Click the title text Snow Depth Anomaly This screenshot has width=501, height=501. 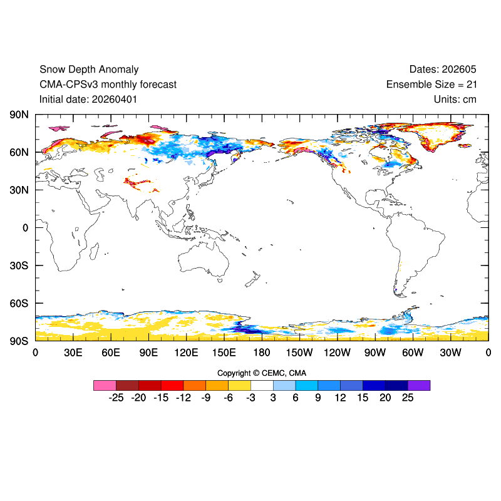(89, 70)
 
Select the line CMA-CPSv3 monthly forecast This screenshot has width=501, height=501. (108, 85)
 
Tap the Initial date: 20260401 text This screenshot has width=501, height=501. (88, 100)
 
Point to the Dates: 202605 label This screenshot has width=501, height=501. (443, 69)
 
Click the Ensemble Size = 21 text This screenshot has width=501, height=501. (431, 85)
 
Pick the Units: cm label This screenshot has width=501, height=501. (455, 100)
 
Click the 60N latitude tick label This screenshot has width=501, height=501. (19, 152)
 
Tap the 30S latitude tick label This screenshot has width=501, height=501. (19, 266)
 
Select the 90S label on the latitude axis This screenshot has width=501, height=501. (19, 341)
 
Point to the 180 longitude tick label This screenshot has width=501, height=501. (262, 353)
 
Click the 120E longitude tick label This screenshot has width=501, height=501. (186, 353)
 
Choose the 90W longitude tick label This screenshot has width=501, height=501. (374, 353)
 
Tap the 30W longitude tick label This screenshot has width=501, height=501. (450, 353)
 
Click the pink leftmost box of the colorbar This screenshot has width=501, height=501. (105, 385)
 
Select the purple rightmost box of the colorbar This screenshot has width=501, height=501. (419, 385)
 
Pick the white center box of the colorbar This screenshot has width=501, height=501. (262, 385)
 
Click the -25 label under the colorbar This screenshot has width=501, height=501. (116, 398)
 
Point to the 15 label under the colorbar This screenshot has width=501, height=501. (363, 398)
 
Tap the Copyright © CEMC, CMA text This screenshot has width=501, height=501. (262, 373)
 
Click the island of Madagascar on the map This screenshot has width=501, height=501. (94, 251)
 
